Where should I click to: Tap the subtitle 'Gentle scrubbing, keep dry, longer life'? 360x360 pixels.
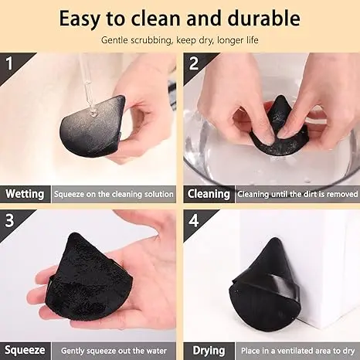179,39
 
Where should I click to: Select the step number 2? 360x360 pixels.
193,62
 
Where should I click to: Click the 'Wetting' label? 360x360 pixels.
25,194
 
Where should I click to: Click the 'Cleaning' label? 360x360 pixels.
209,194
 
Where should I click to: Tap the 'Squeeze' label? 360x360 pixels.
25,350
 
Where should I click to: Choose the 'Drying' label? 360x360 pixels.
206,350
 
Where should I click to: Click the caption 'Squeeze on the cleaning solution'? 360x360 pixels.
114,194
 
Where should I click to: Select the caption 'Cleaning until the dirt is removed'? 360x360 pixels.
297,194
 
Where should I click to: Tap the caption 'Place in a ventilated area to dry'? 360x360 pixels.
297,350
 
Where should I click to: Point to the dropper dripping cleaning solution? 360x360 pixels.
87,85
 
